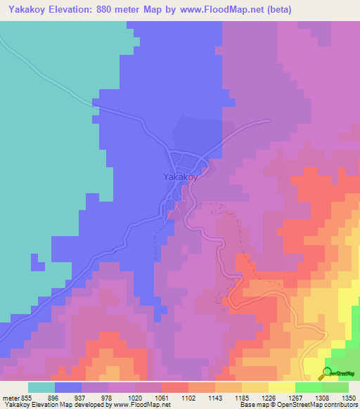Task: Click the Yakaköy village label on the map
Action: (x=179, y=177)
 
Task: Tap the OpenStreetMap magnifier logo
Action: (x=326, y=373)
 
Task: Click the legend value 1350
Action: (x=349, y=398)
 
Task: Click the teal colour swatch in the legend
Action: (x=41, y=387)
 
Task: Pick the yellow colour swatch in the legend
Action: (x=282, y=387)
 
